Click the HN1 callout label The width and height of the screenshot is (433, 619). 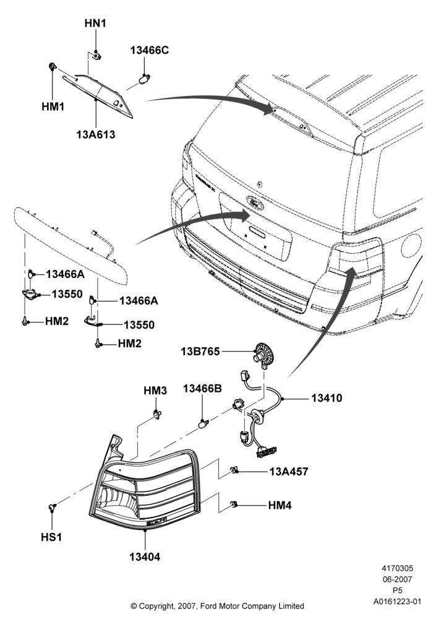tap(95, 24)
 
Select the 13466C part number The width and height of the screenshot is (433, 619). tap(150, 51)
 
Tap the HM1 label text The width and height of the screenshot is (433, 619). tap(53, 106)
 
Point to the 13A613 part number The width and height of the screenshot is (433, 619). tap(96, 134)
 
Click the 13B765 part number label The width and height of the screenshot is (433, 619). tap(200, 351)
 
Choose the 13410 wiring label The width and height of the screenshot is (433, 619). tap(327, 398)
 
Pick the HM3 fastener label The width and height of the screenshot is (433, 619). tap(155, 391)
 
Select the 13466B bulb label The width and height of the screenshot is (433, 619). tap(202, 389)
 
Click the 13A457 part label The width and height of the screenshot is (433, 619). tap(289, 471)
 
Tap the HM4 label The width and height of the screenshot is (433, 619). tap(280, 505)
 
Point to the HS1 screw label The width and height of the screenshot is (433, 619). tap(52, 537)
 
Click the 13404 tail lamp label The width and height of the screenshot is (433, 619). tap(145, 557)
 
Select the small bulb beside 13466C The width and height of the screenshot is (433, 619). tap(143, 79)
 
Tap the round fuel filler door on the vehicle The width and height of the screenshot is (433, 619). tap(411, 245)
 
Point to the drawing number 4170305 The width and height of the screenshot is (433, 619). tap(397, 568)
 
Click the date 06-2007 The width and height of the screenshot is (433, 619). tap(397, 579)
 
